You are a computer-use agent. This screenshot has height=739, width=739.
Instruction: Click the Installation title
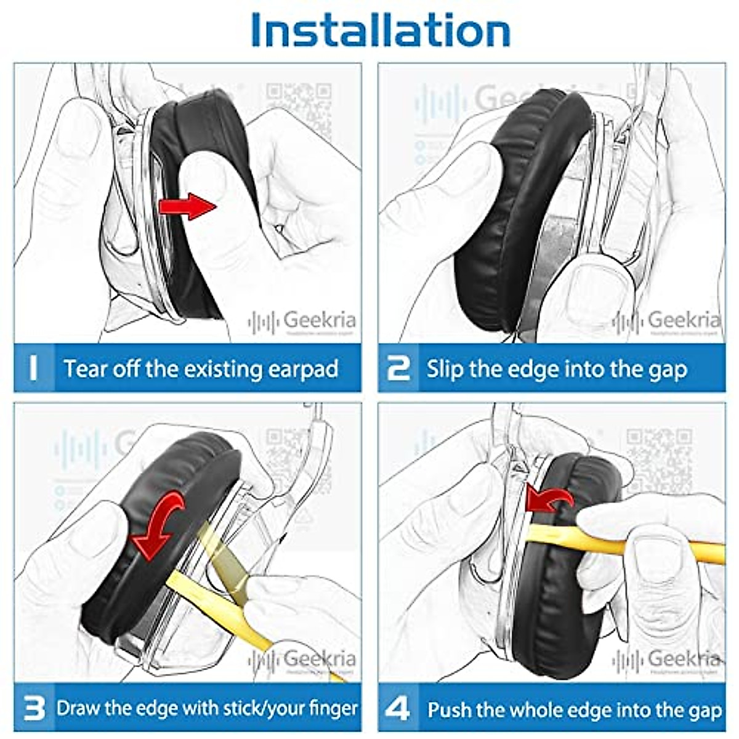tap(381, 30)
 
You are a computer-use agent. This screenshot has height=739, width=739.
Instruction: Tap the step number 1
tap(33, 368)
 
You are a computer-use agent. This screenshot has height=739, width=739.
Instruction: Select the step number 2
tap(398, 368)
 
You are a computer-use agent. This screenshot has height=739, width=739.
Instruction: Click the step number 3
tap(34, 708)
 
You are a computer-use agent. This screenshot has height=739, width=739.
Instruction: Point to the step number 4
tap(398, 709)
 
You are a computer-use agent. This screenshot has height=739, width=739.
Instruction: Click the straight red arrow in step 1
tap(187, 206)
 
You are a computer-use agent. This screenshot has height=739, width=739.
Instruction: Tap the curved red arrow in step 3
tap(159, 523)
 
